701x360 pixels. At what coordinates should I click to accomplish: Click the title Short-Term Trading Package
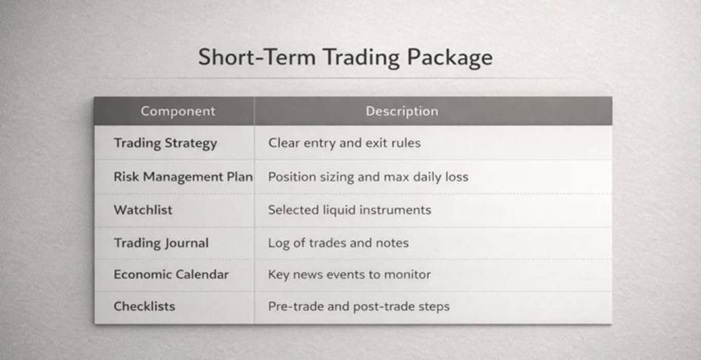click(x=345, y=58)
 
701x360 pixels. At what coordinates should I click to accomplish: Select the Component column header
click(x=178, y=112)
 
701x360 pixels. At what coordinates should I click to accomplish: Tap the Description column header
click(x=402, y=112)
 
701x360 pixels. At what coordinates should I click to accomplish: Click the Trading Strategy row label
click(x=166, y=144)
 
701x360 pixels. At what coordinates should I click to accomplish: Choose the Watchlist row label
click(x=143, y=209)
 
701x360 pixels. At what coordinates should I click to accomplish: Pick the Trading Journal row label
click(x=161, y=243)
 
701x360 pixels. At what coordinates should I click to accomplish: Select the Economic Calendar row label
click(x=171, y=274)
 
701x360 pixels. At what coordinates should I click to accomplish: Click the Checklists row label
click(x=144, y=307)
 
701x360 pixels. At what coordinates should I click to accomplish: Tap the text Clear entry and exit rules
click(x=344, y=143)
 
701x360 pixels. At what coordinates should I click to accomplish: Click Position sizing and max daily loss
click(x=368, y=177)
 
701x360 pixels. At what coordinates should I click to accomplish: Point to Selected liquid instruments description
click(x=350, y=209)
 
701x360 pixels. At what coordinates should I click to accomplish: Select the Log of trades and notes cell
click(x=338, y=243)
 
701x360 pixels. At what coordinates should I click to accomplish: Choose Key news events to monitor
click(x=350, y=274)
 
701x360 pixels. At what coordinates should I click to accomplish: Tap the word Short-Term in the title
click(x=257, y=57)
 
